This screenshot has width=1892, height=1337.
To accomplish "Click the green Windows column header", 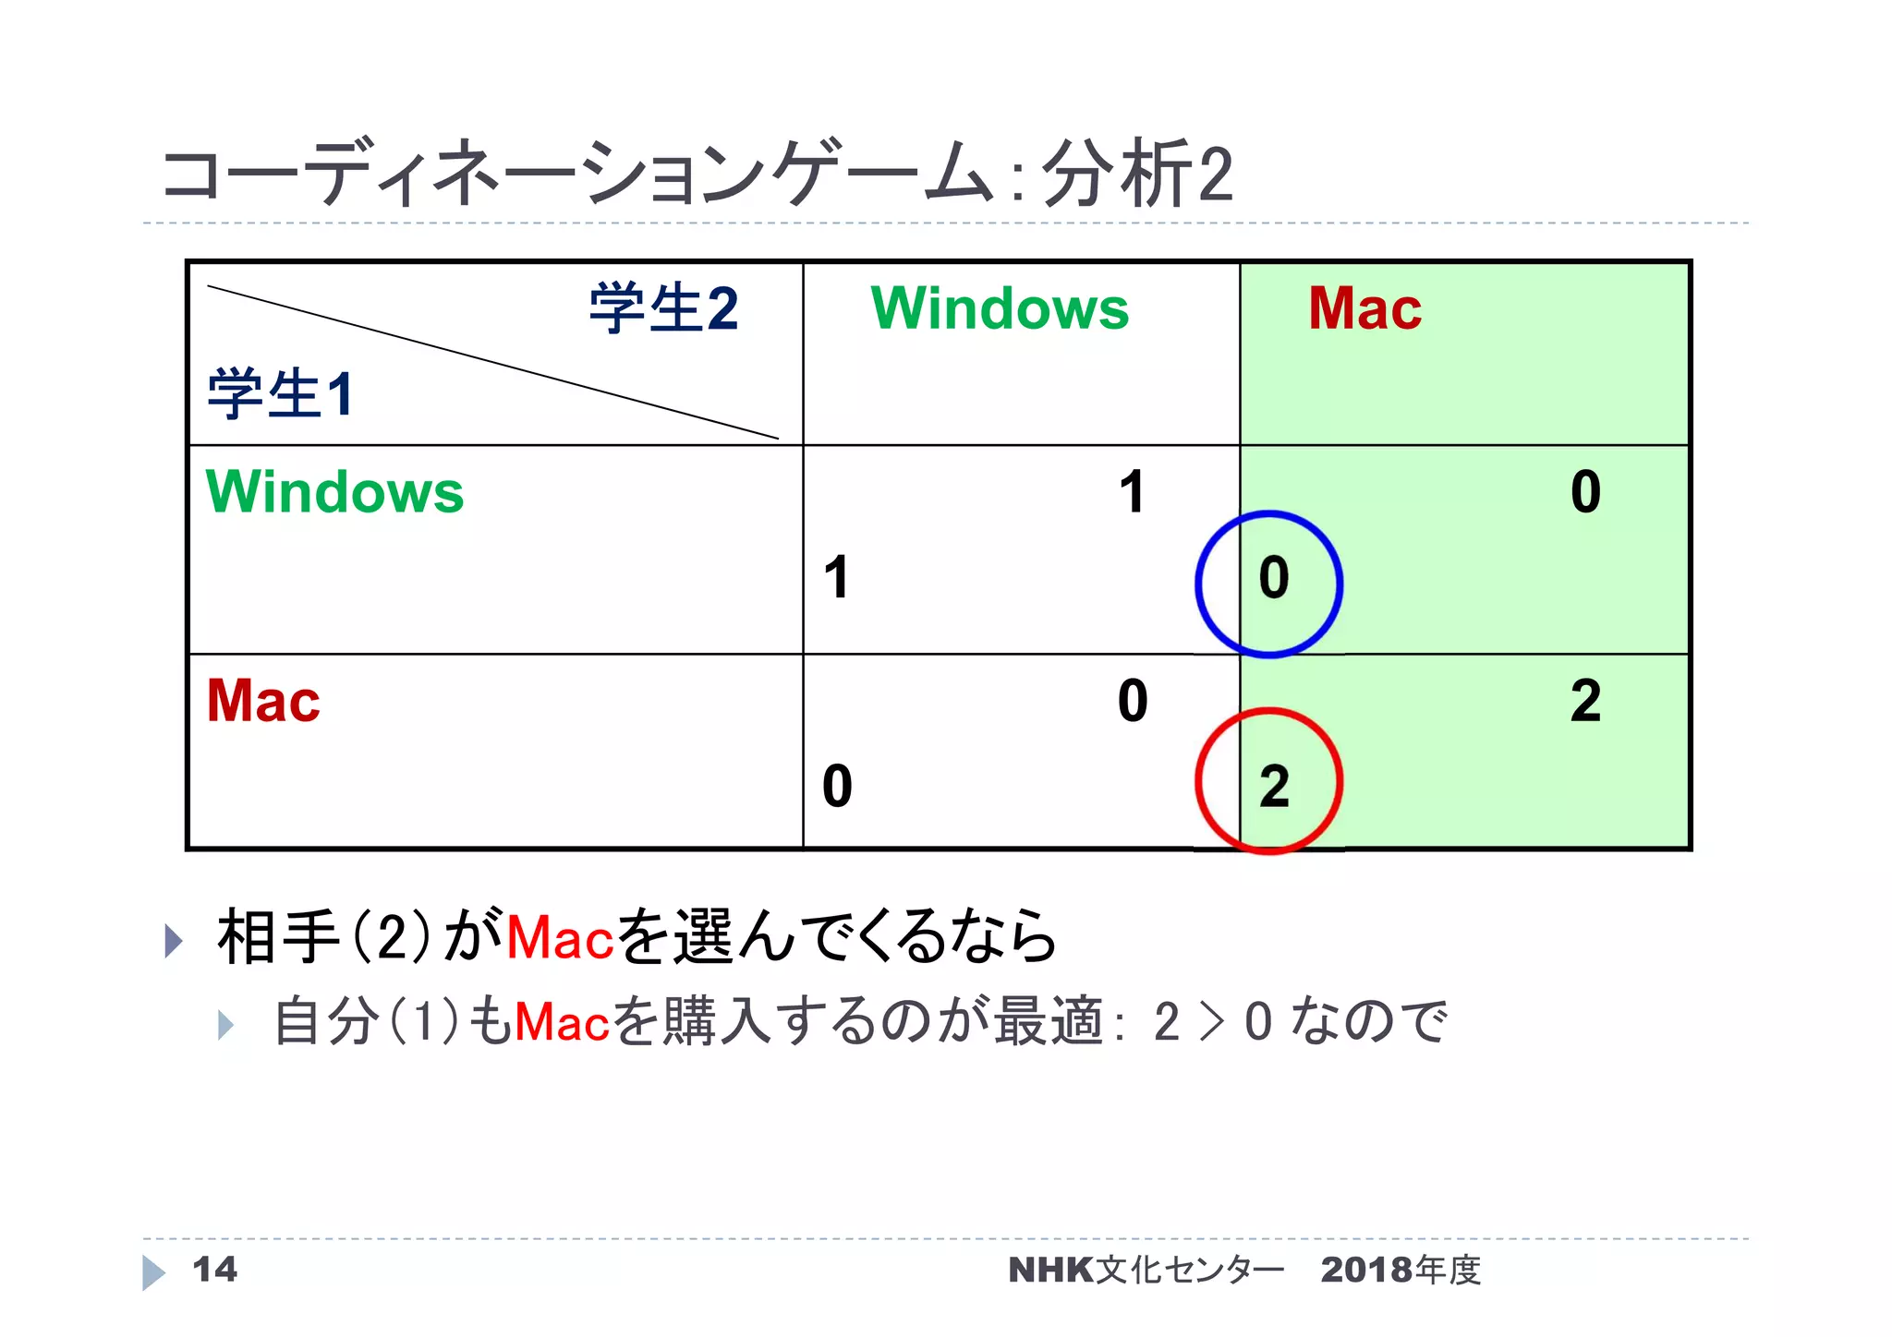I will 1000,308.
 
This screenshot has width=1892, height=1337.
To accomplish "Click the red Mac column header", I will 1364,308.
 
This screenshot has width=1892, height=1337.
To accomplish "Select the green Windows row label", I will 334,492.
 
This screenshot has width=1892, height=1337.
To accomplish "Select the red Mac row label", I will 263,701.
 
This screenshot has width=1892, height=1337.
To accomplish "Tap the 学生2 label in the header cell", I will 663,308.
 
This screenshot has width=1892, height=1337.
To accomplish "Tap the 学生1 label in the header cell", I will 281,394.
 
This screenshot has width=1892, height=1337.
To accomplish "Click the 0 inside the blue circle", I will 1274,579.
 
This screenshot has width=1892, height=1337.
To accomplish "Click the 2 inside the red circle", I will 1274,787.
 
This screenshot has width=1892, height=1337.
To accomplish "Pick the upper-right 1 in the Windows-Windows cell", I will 1133,492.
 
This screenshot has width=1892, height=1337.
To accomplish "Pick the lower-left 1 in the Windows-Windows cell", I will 837,579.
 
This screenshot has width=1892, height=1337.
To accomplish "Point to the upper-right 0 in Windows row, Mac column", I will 1585,492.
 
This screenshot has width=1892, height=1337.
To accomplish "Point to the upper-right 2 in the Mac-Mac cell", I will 1585,701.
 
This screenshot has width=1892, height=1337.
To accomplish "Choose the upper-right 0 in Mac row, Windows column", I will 1133,701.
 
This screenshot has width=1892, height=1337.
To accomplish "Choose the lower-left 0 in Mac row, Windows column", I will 837,787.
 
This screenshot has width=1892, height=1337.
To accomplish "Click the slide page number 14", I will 214,1270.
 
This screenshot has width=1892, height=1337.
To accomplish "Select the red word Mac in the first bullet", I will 560,938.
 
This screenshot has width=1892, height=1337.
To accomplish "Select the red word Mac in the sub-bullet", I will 562,1023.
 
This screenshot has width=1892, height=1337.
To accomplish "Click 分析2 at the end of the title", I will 1137,174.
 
